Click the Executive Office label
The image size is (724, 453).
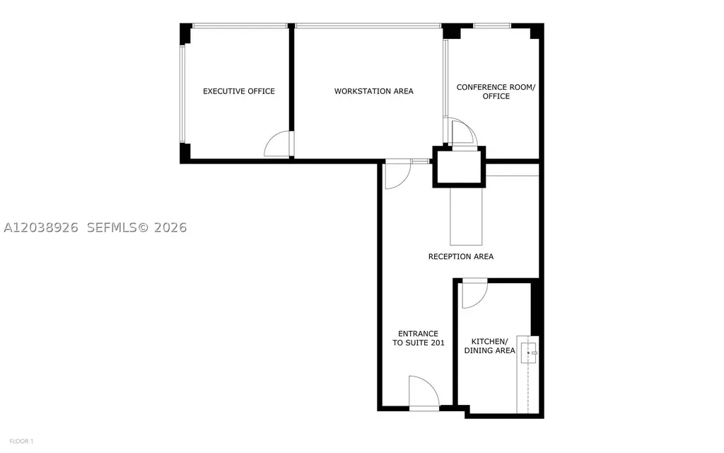239,91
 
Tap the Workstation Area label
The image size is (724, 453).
373,91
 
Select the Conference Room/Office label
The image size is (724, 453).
496,91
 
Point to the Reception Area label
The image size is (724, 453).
461,256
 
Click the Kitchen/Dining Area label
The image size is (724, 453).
489,345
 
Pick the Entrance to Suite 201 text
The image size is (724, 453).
419,338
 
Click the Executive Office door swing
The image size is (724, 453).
279,144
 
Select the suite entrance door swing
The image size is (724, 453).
424,392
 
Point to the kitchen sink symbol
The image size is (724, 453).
529,352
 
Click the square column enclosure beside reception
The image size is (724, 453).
459,167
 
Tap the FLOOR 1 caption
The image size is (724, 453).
21,442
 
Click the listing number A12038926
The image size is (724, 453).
41,227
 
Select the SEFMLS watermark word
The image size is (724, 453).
113,227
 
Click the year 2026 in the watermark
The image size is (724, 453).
170,227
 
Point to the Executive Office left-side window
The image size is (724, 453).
182,94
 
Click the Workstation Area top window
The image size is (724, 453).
368,26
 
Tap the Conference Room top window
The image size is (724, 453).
492,26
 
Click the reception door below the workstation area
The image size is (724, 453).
397,175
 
